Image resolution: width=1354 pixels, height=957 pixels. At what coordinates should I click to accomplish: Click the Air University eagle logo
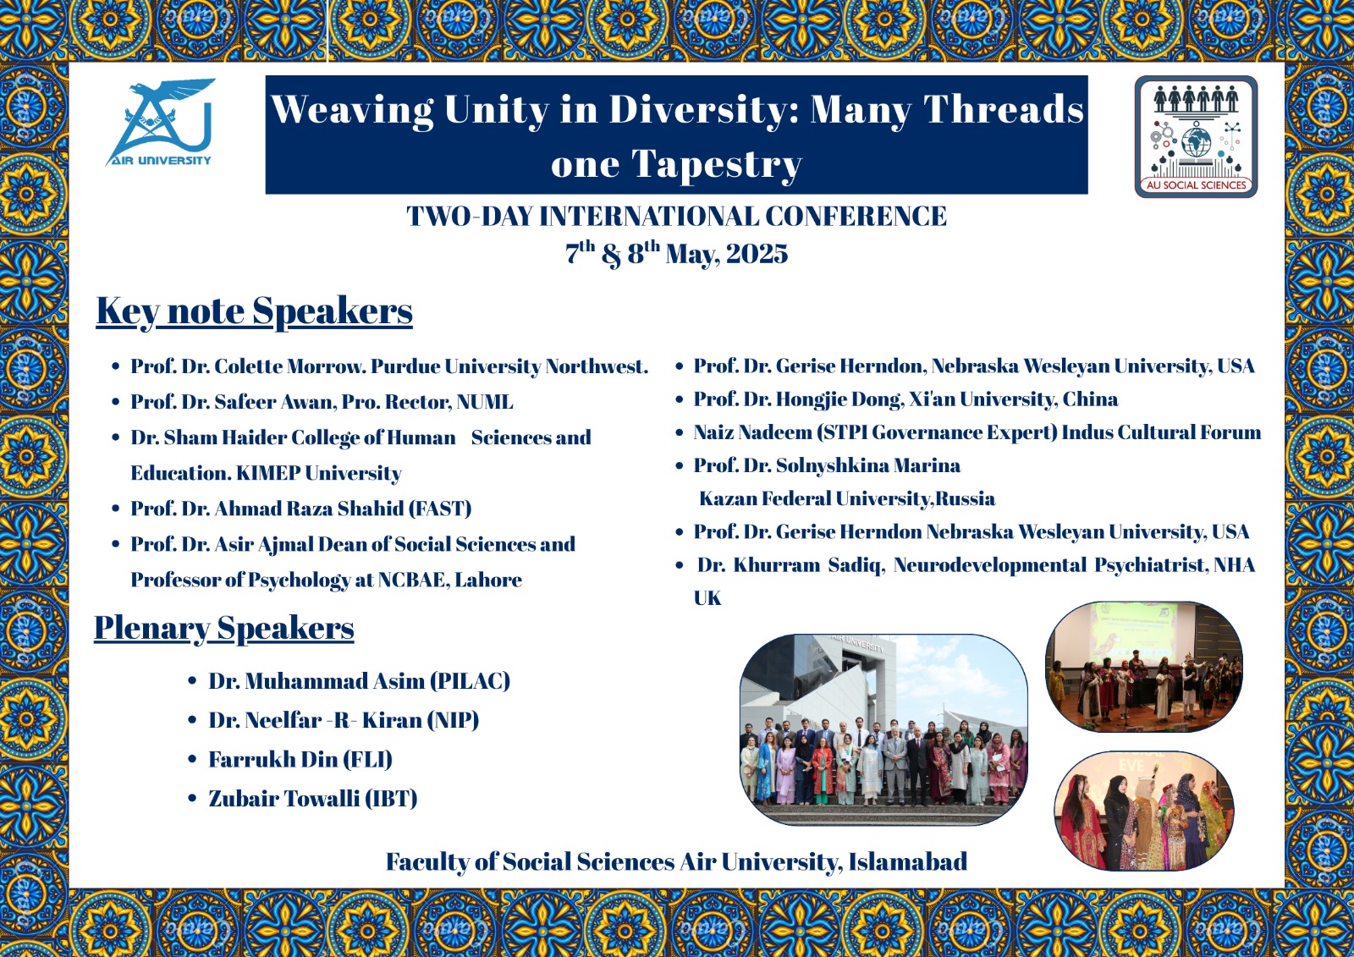coord(160,122)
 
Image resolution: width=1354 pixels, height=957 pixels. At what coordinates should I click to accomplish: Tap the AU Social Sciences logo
coord(1196,136)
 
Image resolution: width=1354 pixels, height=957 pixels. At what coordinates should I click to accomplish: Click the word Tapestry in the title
coord(716,164)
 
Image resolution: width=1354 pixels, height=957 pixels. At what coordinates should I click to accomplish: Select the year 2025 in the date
coord(757,254)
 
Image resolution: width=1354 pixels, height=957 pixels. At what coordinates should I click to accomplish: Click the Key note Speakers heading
coord(255,312)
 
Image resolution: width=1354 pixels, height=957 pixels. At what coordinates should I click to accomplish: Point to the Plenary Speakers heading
coord(224,628)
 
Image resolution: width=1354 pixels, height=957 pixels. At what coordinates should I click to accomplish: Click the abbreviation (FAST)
coord(440,509)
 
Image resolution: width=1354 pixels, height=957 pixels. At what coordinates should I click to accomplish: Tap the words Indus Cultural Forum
coord(1161,432)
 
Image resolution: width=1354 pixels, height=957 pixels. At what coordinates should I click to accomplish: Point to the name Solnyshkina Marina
coord(868,465)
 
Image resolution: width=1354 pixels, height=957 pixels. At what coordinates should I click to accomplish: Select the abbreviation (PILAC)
coord(471,681)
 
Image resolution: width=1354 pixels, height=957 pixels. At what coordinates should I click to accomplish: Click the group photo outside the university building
coord(883,729)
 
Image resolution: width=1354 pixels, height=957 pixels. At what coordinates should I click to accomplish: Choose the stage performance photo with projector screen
coord(1144,667)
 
